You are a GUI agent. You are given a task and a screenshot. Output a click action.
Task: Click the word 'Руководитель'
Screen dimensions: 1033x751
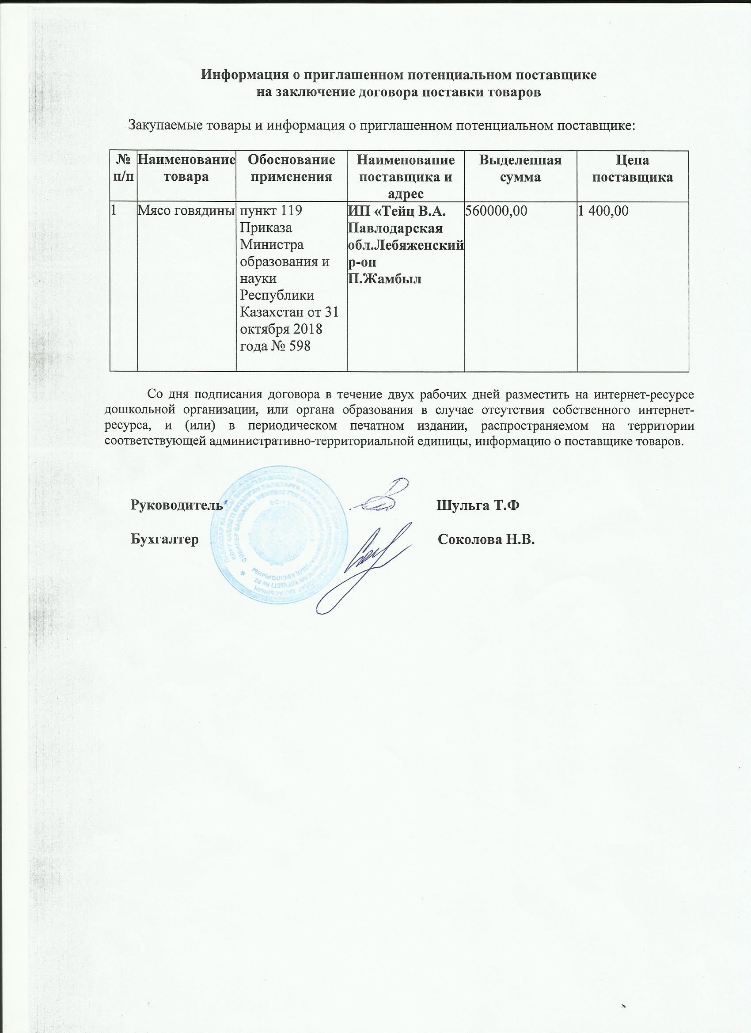click(176, 505)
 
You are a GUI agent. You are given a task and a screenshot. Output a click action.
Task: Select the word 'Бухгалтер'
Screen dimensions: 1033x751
click(164, 540)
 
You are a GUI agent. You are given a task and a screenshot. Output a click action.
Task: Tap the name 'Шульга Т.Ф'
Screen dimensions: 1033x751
click(478, 505)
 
